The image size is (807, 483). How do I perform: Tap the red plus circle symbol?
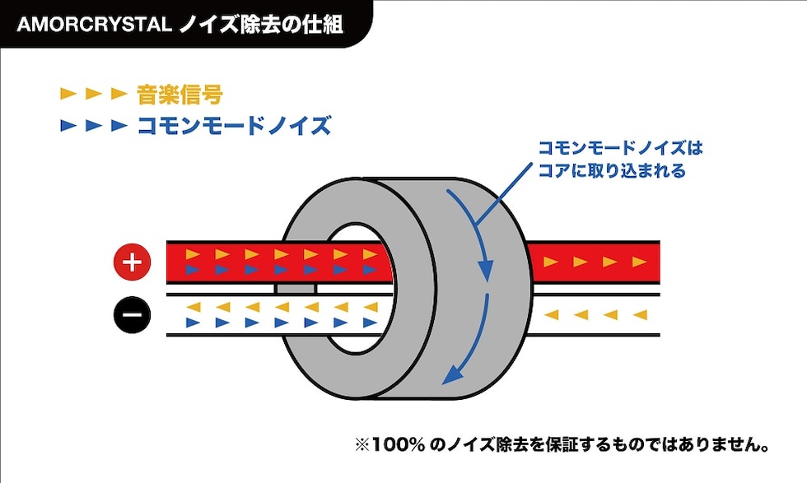click(133, 263)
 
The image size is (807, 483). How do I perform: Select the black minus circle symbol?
click(133, 313)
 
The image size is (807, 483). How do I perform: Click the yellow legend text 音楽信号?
click(180, 94)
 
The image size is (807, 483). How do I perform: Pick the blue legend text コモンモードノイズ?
click(233, 126)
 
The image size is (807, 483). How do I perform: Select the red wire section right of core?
click(593, 262)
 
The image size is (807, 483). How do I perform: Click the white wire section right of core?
click(593, 314)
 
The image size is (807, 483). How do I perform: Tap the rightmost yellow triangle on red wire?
click(639, 262)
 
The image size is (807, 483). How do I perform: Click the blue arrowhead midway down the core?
click(486, 270)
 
